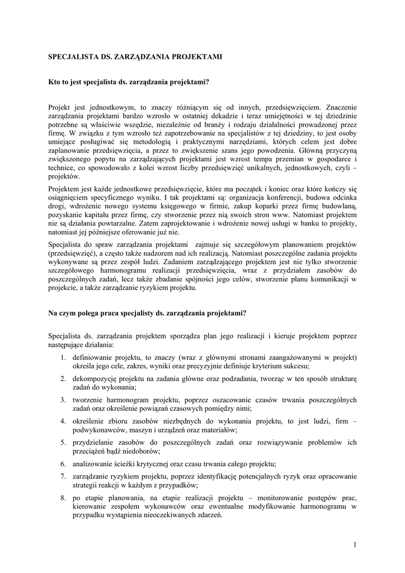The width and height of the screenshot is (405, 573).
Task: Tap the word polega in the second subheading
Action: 91,313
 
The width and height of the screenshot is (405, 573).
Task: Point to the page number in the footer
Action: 355,544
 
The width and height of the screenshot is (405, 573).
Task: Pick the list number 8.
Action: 63,497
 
